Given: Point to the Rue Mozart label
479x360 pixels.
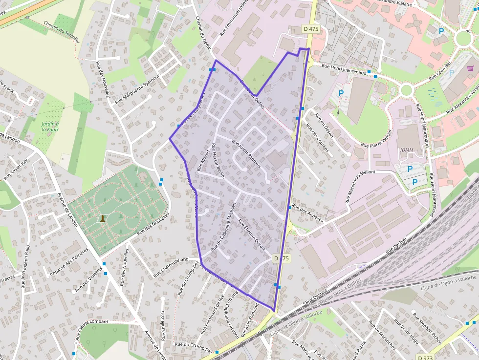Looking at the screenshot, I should tap(203, 161).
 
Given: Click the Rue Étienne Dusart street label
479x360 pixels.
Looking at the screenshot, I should tap(251, 234).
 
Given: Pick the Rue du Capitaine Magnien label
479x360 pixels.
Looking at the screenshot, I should tap(223, 227).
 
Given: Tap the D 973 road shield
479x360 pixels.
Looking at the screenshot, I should tap(425, 357).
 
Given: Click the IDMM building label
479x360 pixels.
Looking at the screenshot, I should tap(407, 149).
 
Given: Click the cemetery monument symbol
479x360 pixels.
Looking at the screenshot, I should tap(103, 218).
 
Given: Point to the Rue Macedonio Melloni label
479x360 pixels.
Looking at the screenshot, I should tap(355, 187).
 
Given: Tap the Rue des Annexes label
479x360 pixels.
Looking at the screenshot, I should tap(307, 213).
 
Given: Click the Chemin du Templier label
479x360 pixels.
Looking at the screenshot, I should tap(61, 32).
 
